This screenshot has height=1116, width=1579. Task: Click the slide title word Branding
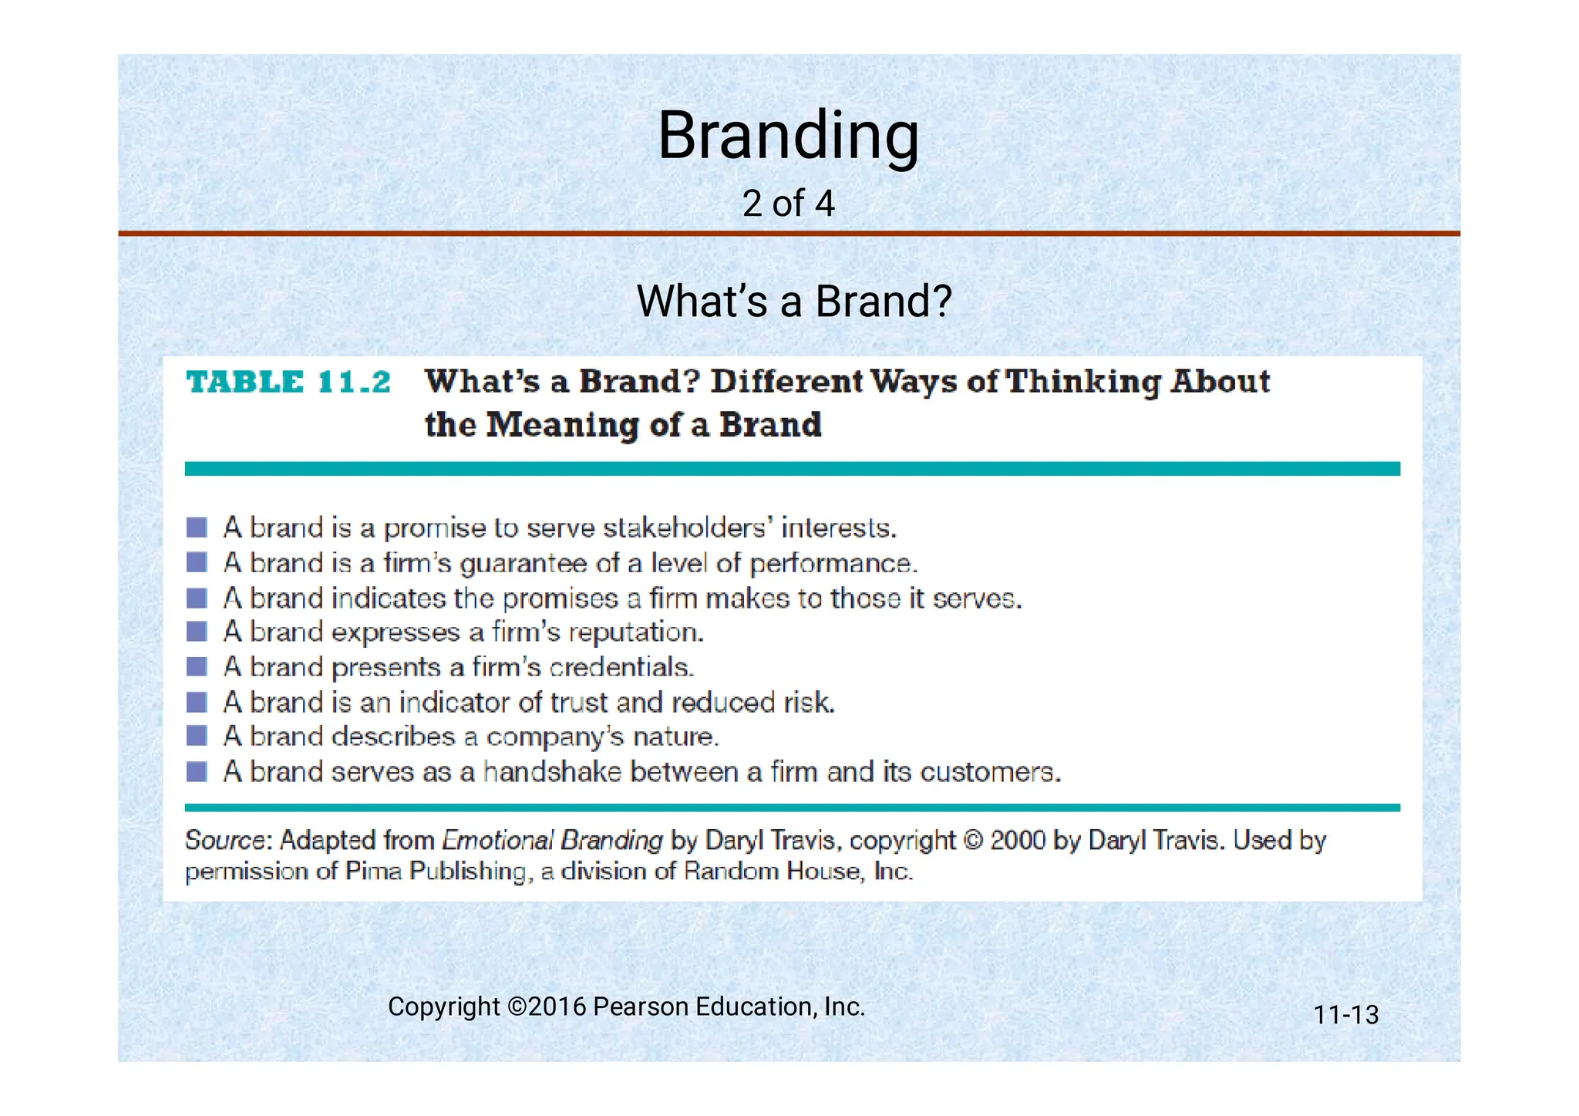pos(788,136)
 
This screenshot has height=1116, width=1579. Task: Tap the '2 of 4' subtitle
pos(788,204)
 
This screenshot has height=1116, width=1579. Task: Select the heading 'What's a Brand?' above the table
pos(794,301)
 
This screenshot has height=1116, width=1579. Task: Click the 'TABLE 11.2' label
pos(289,383)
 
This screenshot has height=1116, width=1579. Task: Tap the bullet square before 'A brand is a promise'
pos(197,528)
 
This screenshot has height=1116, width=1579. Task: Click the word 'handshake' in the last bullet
pos(552,772)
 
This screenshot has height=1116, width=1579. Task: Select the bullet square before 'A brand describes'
pos(197,736)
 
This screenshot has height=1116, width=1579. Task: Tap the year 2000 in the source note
pos(1018,840)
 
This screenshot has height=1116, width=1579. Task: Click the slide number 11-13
pos(1345,1015)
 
